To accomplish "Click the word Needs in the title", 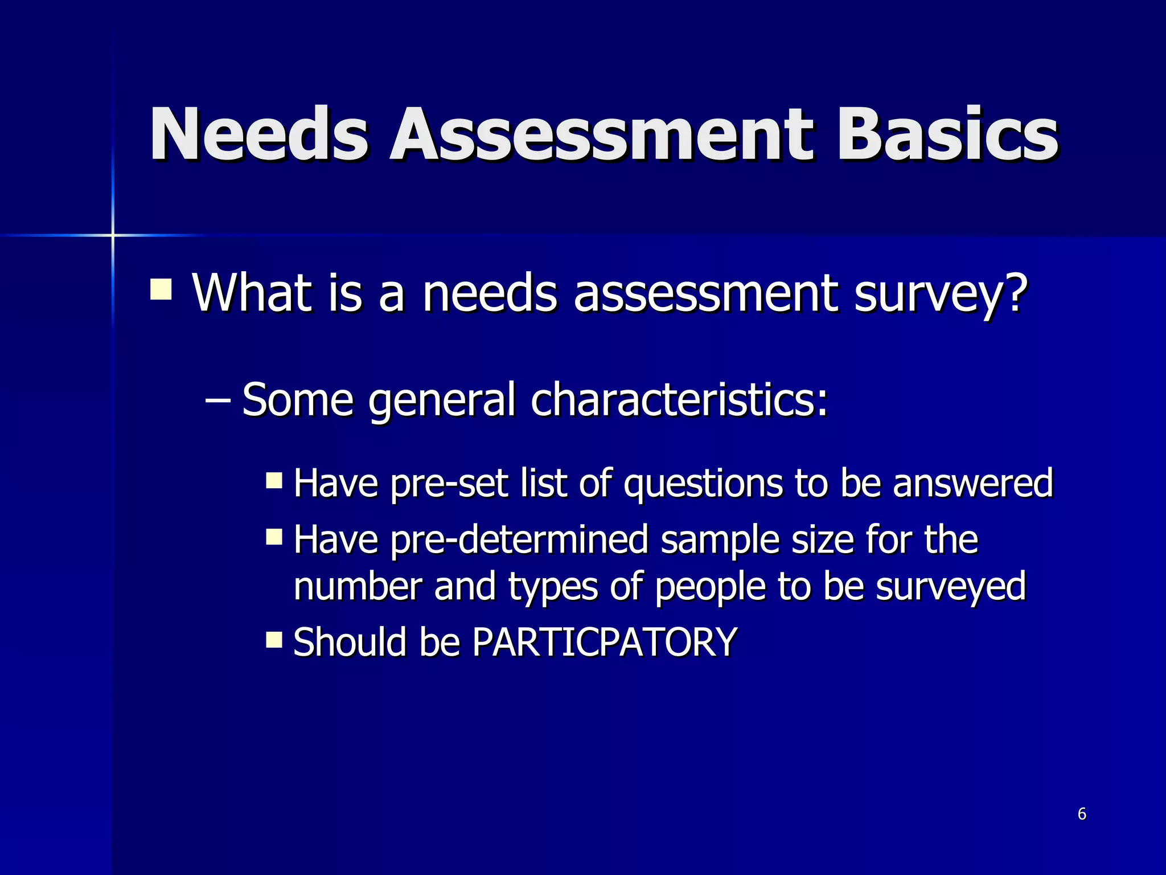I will click(259, 134).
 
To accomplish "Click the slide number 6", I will click(1082, 814).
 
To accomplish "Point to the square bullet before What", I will click(161, 289).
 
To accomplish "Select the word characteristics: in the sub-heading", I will click(679, 399).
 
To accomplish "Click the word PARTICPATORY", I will click(605, 642).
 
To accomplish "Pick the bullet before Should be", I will click(274, 639).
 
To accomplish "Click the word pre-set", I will click(450, 484).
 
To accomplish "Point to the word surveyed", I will click(950, 587).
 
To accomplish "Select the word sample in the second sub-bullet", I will click(720, 541).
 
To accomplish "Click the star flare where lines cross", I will click(113, 235).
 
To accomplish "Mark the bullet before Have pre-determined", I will click(274, 537).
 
